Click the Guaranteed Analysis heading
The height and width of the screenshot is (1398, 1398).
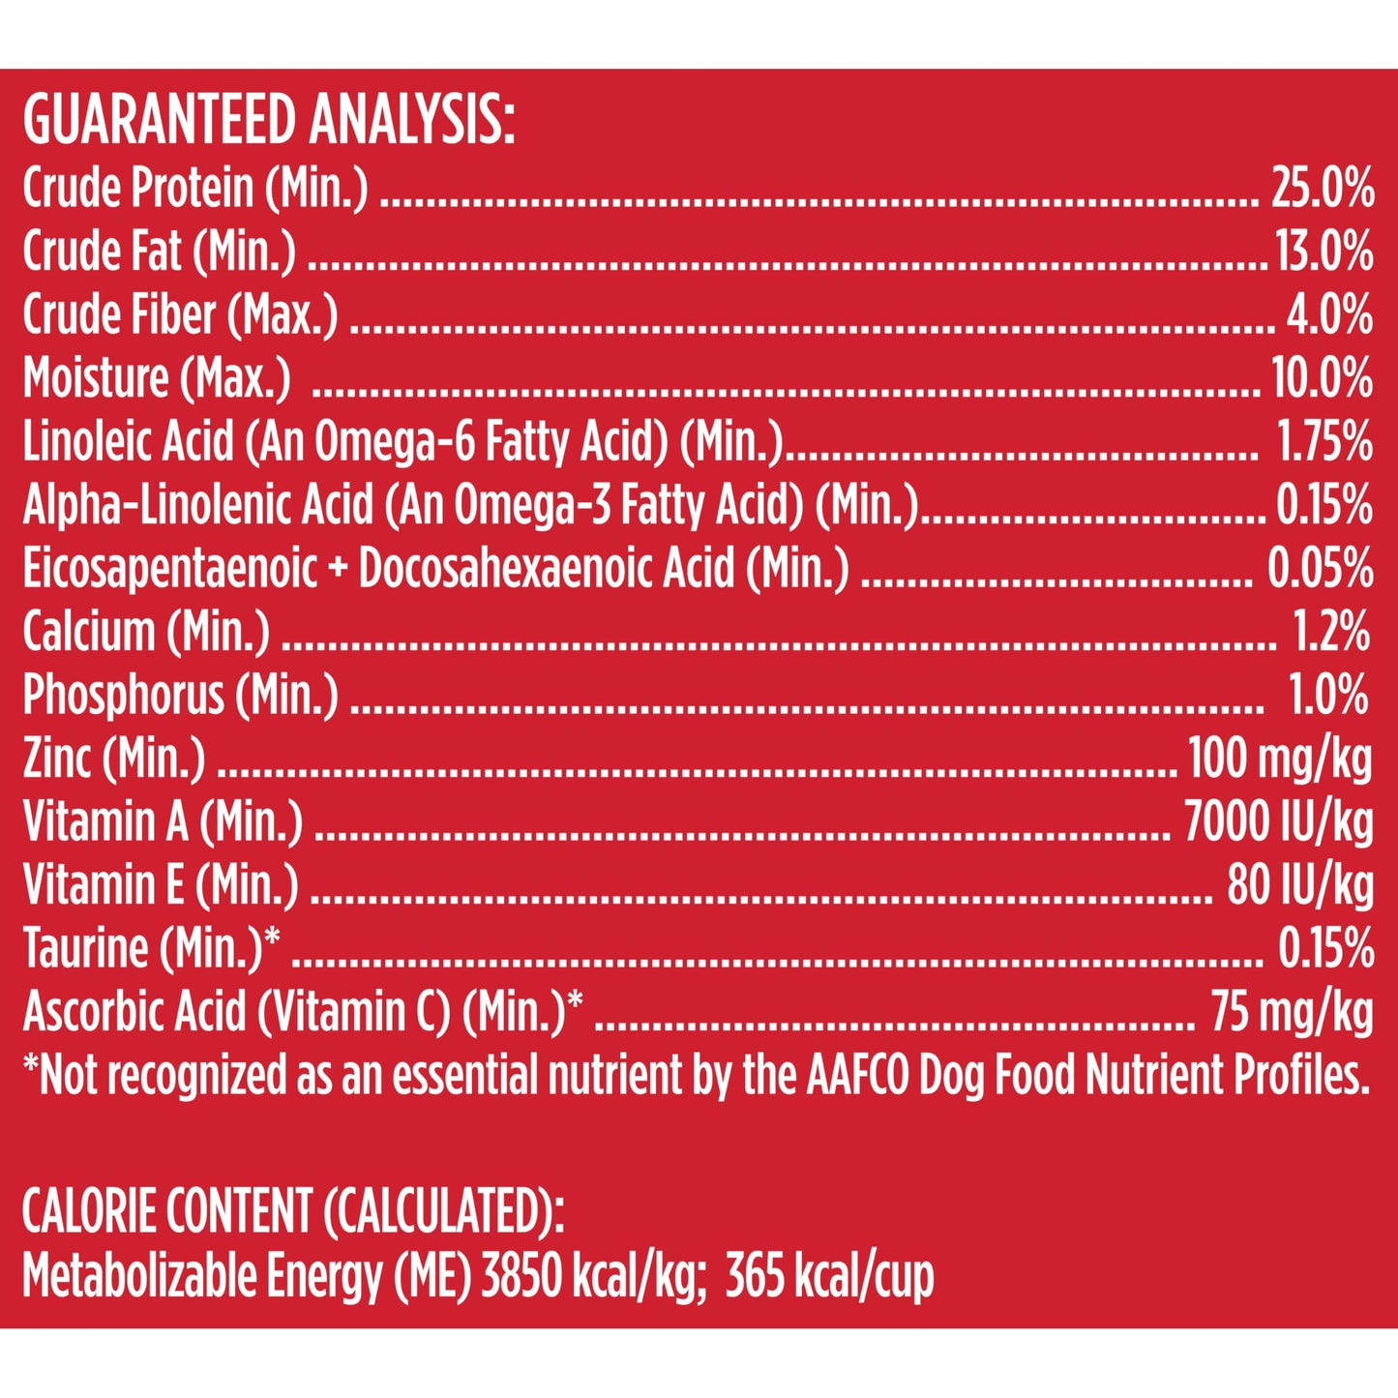(268, 121)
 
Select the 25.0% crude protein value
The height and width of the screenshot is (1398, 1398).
(1322, 188)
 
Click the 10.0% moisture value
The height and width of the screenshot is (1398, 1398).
(1322, 378)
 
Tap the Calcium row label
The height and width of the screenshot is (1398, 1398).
(146, 632)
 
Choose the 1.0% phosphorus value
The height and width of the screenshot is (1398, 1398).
(1327, 696)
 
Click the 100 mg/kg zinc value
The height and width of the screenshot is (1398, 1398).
(1279, 758)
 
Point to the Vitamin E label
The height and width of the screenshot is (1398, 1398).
(161, 885)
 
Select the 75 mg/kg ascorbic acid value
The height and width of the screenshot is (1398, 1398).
(1291, 1012)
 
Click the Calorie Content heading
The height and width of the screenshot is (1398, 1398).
(292, 1210)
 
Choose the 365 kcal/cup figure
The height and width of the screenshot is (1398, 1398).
(829, 1276)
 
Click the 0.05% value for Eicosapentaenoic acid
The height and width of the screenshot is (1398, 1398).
(1320, 569)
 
